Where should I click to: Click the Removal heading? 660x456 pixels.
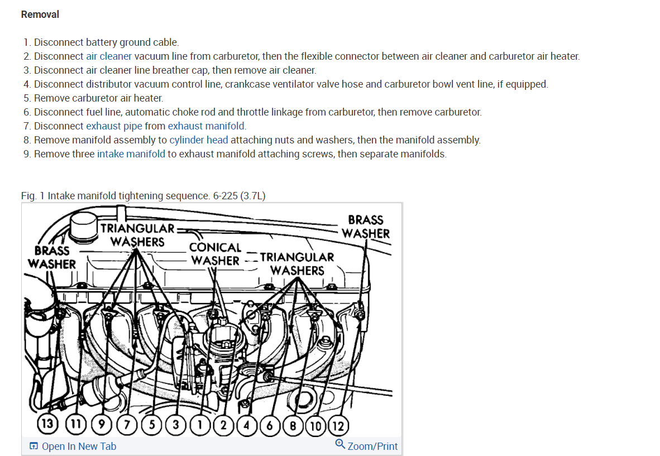coord(40,15)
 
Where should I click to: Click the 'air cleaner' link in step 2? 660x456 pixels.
coord(109,56)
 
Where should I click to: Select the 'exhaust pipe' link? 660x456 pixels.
coord(114,126)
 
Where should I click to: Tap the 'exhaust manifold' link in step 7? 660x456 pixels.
coord(207,126)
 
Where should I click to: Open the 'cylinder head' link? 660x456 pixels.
coord(199,140)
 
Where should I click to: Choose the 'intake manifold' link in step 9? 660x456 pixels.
coord(131,154)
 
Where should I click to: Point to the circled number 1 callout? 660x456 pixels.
coord(199,425)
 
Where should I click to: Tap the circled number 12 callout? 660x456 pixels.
coord(337,425)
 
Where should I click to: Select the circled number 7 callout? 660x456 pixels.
coord(127,425)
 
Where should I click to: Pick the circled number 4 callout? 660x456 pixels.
coord(246,425)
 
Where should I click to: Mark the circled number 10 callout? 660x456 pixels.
coord(315,425)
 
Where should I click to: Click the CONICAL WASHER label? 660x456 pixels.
coord(215,254)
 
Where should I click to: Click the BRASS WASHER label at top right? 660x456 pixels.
coord(366,227)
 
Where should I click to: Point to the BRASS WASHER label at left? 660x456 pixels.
coord(52,257)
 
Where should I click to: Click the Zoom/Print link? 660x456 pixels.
coord(372,447)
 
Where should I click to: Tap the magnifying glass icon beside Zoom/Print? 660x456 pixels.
coord(340,445)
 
